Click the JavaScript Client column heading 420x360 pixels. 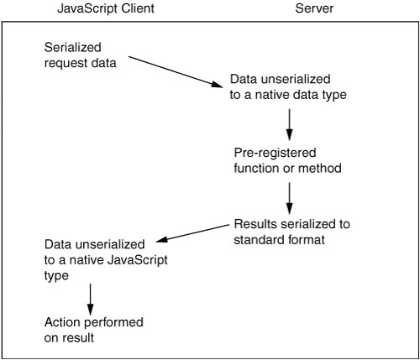pos(106,8)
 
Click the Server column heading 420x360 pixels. pos(314,8)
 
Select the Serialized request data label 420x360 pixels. pos(80,55)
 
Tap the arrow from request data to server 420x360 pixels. pos(176,71)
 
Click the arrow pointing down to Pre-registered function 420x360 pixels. pos(289,124)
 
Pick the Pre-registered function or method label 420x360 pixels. pos(287,160)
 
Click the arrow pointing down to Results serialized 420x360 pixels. pos(289,198)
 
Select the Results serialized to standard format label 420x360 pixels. pos(291,232)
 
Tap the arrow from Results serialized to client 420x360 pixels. pos(192,232)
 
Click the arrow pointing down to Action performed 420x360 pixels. pos(90,300)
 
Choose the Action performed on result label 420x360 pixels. pos(94,330)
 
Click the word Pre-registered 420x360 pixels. pos(275,153)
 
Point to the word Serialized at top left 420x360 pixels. pos(72,47)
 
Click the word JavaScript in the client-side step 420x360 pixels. pos(137,260)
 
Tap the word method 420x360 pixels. pos(320,168)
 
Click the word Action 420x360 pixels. pos(62,322)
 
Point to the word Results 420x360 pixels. pos(255,224)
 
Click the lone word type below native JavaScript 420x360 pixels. pos(56,276)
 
